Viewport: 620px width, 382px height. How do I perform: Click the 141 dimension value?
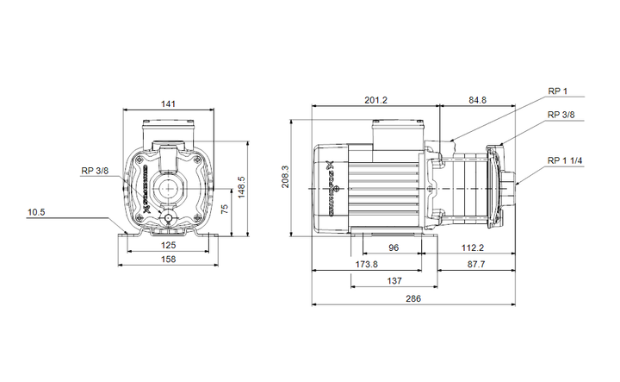tap(169, 103)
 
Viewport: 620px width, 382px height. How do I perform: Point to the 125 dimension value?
tap(170, 245)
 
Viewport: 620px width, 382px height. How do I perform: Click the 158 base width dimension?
tap(170, 259)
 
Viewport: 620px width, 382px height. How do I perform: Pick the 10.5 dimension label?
tap(35, 211)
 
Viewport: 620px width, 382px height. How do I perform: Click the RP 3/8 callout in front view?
tap(95, 171)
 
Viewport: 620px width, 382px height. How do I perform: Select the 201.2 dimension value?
tap(375, 100)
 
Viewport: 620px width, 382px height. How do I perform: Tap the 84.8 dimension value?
tap(477, 100)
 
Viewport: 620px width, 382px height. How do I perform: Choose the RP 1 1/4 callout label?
tap(565, 161)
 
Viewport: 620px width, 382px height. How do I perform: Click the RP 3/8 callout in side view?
tap(561, 115)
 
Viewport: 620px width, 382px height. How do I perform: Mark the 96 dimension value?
tap(394, 247)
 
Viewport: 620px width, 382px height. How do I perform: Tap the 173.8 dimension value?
tap(366, 263)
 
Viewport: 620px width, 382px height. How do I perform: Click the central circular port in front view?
tap(170, 187)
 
